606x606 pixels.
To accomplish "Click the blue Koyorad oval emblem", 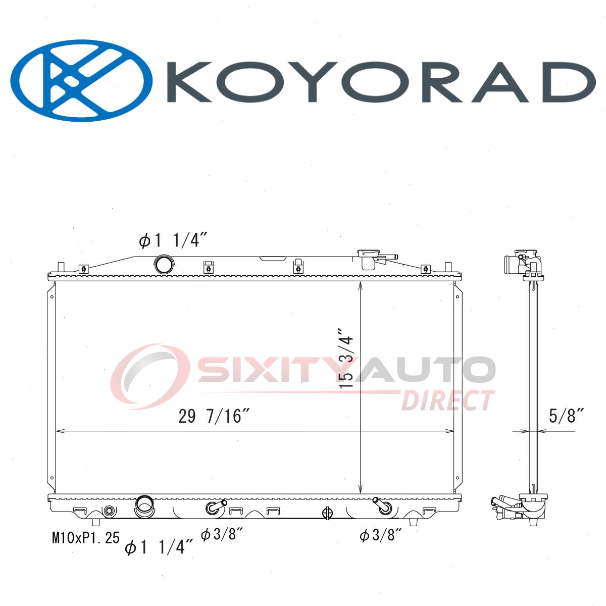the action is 81,80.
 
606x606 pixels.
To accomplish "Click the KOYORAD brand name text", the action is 381,82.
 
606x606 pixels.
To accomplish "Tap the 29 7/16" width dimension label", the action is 214,417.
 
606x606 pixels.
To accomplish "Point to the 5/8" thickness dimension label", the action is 567,416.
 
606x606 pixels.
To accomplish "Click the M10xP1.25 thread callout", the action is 85,538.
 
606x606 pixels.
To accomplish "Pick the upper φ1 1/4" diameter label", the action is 173,241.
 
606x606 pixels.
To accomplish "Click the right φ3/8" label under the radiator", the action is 381,535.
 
